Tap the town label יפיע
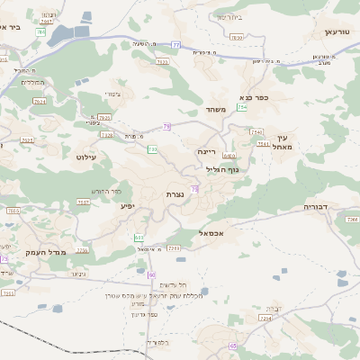click(128, 206)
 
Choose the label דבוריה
click(317, 206)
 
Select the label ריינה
click(207, 152)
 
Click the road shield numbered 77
click(176, 44)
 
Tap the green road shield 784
click(40, 32)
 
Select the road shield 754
click(242, 107)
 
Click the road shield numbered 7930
click(237, 37)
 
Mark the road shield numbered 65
click(233, 346)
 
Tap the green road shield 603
click(139, 238)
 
